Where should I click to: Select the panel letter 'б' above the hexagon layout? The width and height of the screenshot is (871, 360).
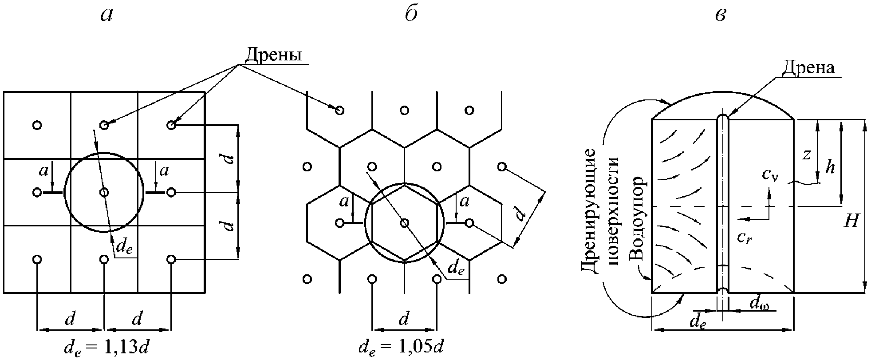(411, 15)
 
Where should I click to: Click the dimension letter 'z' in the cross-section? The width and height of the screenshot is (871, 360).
(807, 154)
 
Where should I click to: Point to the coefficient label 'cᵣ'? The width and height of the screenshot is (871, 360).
(744, 238)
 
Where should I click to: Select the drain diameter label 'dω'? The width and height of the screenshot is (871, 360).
(758, 304)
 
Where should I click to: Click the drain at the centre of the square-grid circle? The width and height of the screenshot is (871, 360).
(104, 192)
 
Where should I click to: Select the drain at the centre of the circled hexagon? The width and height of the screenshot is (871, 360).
(404, 223)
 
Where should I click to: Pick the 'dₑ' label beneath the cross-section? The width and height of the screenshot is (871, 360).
(698, 323)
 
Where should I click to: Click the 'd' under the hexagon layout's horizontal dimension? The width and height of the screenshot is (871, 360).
(403, 319)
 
